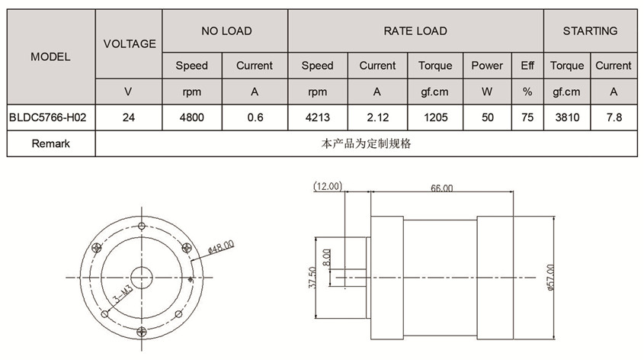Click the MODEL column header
[x=51, y=56]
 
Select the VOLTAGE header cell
[x=130, y=43]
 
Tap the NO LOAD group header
[x=226, y=31]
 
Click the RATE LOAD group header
[x=415, y=31]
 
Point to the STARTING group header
[x=590, y=31]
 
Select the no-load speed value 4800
[x=191, y=117]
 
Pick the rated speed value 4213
[x=317, y=117]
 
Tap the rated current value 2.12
[x=377, y=117]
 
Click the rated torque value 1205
[x=435, y=117]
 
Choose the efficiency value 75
[x=527, y=117]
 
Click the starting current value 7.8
[x=614, y=117]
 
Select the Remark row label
[x=51, y=143]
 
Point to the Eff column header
[x=527, y=66]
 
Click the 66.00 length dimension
[x=441, y=188]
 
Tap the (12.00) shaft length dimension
[x=328, y=185]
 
